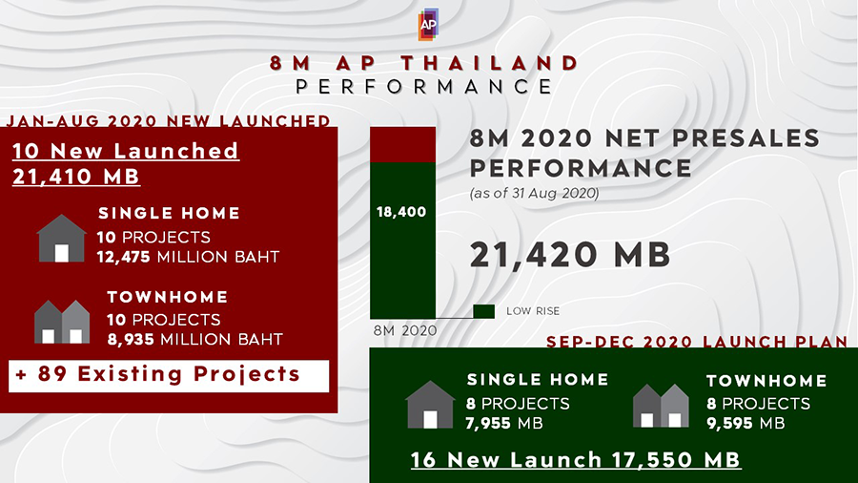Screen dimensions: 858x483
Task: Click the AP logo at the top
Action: (x=428, y=24)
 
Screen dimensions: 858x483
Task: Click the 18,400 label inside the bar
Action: (x=401, y=212)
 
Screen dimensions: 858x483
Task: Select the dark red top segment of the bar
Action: (x=402, y=144)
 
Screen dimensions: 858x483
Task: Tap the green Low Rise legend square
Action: (x=483, y=311)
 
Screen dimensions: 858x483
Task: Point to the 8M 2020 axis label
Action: (x=405, y=331)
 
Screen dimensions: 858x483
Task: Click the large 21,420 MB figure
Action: (x=570, y=255)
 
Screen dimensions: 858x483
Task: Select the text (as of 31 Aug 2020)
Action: (x=534, y=194)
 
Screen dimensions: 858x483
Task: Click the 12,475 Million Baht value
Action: (x=188, y=257)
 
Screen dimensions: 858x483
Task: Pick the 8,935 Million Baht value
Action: (x=194, y=340)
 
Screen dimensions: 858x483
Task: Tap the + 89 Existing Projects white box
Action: (x=169, y=376)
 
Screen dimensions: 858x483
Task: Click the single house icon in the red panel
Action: (x=61, y=239)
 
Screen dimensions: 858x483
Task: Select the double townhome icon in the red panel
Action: (x=62, y=322)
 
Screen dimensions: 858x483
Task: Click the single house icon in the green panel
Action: (x=430, y=405)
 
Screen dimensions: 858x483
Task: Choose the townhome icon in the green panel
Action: (x=661, y=406)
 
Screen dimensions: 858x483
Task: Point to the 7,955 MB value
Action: (x=504, y=423)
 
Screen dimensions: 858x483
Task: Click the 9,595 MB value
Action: (x=746, y=423)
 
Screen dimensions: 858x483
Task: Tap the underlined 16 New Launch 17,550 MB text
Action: (x=576, y=460)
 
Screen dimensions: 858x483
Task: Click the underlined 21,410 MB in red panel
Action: (x=76, y=177)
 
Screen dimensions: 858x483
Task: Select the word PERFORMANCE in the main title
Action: (x=424, y=87)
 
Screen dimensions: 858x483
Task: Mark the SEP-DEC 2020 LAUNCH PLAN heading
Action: (x=697, y=342)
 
